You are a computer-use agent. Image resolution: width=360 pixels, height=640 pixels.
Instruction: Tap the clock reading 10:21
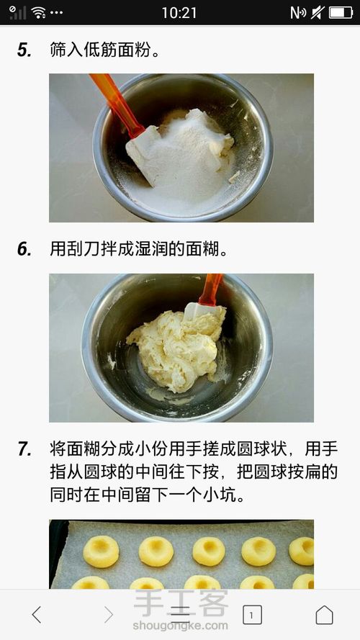pos(179,13)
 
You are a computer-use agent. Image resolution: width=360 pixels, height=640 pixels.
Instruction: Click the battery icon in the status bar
pos(341,13)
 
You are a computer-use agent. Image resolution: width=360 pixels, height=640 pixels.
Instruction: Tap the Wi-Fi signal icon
pos(38,13)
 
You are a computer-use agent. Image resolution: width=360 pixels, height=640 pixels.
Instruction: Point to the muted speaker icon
pos(317,13)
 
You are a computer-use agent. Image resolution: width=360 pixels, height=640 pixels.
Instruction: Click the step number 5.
pos(24,50)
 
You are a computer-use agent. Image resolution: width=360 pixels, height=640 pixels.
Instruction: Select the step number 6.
pos(24,249)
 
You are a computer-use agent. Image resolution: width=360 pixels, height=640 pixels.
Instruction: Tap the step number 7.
pos(24,449)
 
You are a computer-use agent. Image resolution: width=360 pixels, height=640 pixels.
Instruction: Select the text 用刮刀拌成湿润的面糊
pos(139,249)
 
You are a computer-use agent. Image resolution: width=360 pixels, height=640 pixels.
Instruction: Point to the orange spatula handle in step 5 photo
pos(116,104)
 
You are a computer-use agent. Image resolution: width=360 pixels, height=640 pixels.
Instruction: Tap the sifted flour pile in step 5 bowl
pos(188,155)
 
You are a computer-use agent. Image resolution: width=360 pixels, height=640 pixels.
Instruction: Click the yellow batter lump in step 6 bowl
pos(176,347)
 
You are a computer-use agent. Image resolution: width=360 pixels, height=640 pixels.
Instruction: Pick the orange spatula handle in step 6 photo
pos(210,290)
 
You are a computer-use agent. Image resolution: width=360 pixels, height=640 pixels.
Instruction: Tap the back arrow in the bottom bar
pos(36,614)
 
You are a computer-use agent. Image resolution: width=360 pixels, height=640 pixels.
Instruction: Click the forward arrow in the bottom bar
pos(108,614)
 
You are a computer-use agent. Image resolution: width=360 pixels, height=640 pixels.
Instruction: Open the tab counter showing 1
pos(252,615)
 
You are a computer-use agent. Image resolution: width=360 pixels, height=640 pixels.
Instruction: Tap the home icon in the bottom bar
pos(324,614)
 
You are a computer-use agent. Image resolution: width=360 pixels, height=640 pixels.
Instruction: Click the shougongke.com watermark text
pos(180,626)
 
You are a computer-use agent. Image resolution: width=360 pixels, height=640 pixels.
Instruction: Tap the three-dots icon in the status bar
pos(56,13)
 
